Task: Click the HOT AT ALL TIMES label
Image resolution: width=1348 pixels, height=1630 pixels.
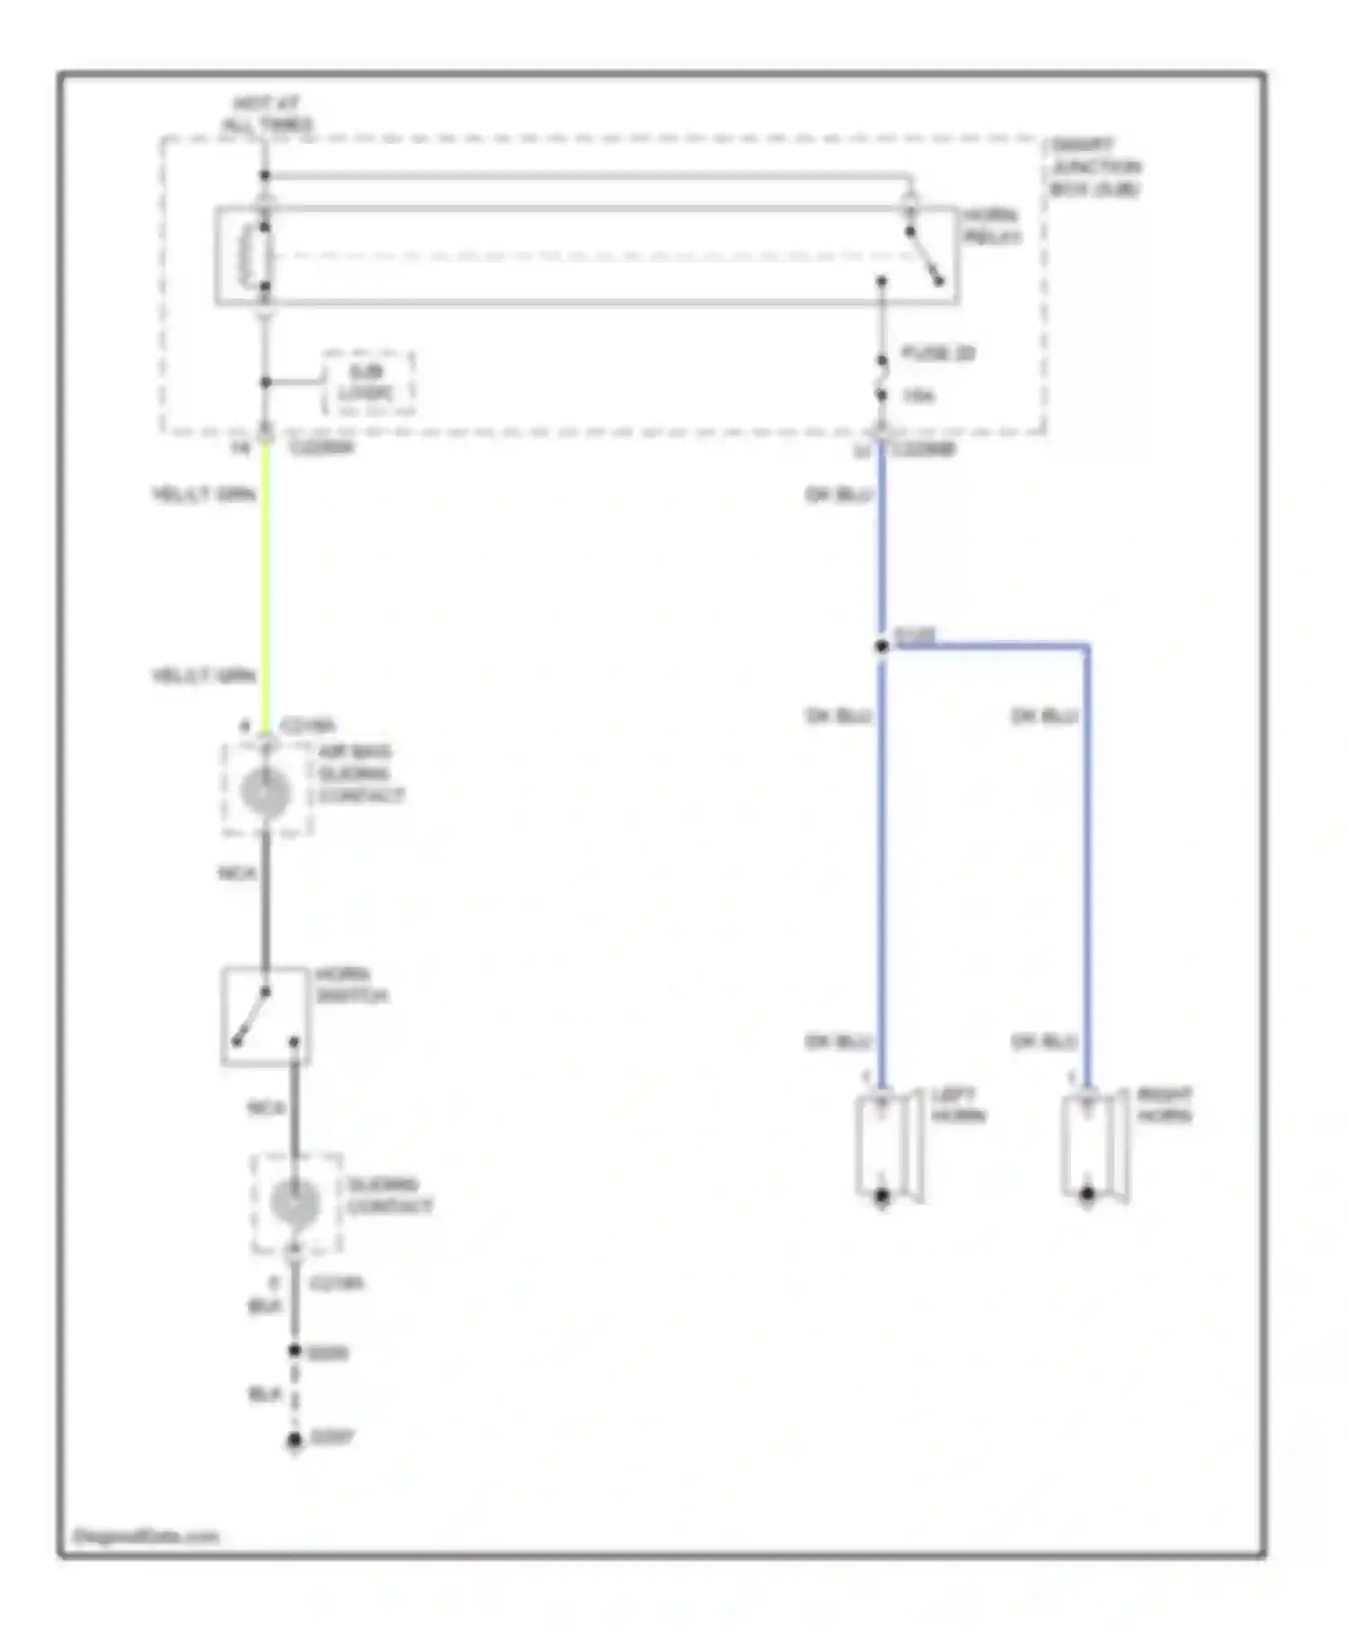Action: (x=267, y=114)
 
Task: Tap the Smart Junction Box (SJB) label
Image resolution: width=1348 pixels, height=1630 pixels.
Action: (x=1095, y=167)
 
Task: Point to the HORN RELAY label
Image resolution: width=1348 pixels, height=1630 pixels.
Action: (x=991, y=226)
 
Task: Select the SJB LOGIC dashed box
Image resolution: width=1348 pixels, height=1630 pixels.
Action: (x=368, y=384)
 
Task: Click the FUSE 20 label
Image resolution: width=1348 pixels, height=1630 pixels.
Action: (x=937, y=353)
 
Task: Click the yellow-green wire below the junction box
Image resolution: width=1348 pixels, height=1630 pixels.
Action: (x=266, y=584)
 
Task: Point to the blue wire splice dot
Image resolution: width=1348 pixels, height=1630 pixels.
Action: (x=882, y=646)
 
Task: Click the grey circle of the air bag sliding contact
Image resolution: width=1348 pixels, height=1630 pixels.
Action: (x=266, y=792)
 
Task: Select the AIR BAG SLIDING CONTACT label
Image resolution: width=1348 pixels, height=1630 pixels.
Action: (x=360, y=774)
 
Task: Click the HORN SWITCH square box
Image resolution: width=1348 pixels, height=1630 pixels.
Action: (x=266, y=1016)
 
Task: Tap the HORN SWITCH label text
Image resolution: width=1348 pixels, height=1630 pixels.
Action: (x=350, y=986)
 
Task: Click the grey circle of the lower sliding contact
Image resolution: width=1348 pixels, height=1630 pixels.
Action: (x=295, y=1203)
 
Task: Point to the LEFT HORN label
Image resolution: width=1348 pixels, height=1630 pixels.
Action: (x=958, y=1105)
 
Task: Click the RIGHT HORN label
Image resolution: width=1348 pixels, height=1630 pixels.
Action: (x=1164, y=1105)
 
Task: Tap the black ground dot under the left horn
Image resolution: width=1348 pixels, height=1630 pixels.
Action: (x=882, y=1195)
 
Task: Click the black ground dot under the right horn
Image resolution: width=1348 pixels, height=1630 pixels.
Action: (x=1087, y=1194)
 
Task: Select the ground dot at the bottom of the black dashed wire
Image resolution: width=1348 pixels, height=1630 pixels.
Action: (x=295, y=1440)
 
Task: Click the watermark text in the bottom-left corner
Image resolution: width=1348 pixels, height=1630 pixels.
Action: (x=146, y=1537)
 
